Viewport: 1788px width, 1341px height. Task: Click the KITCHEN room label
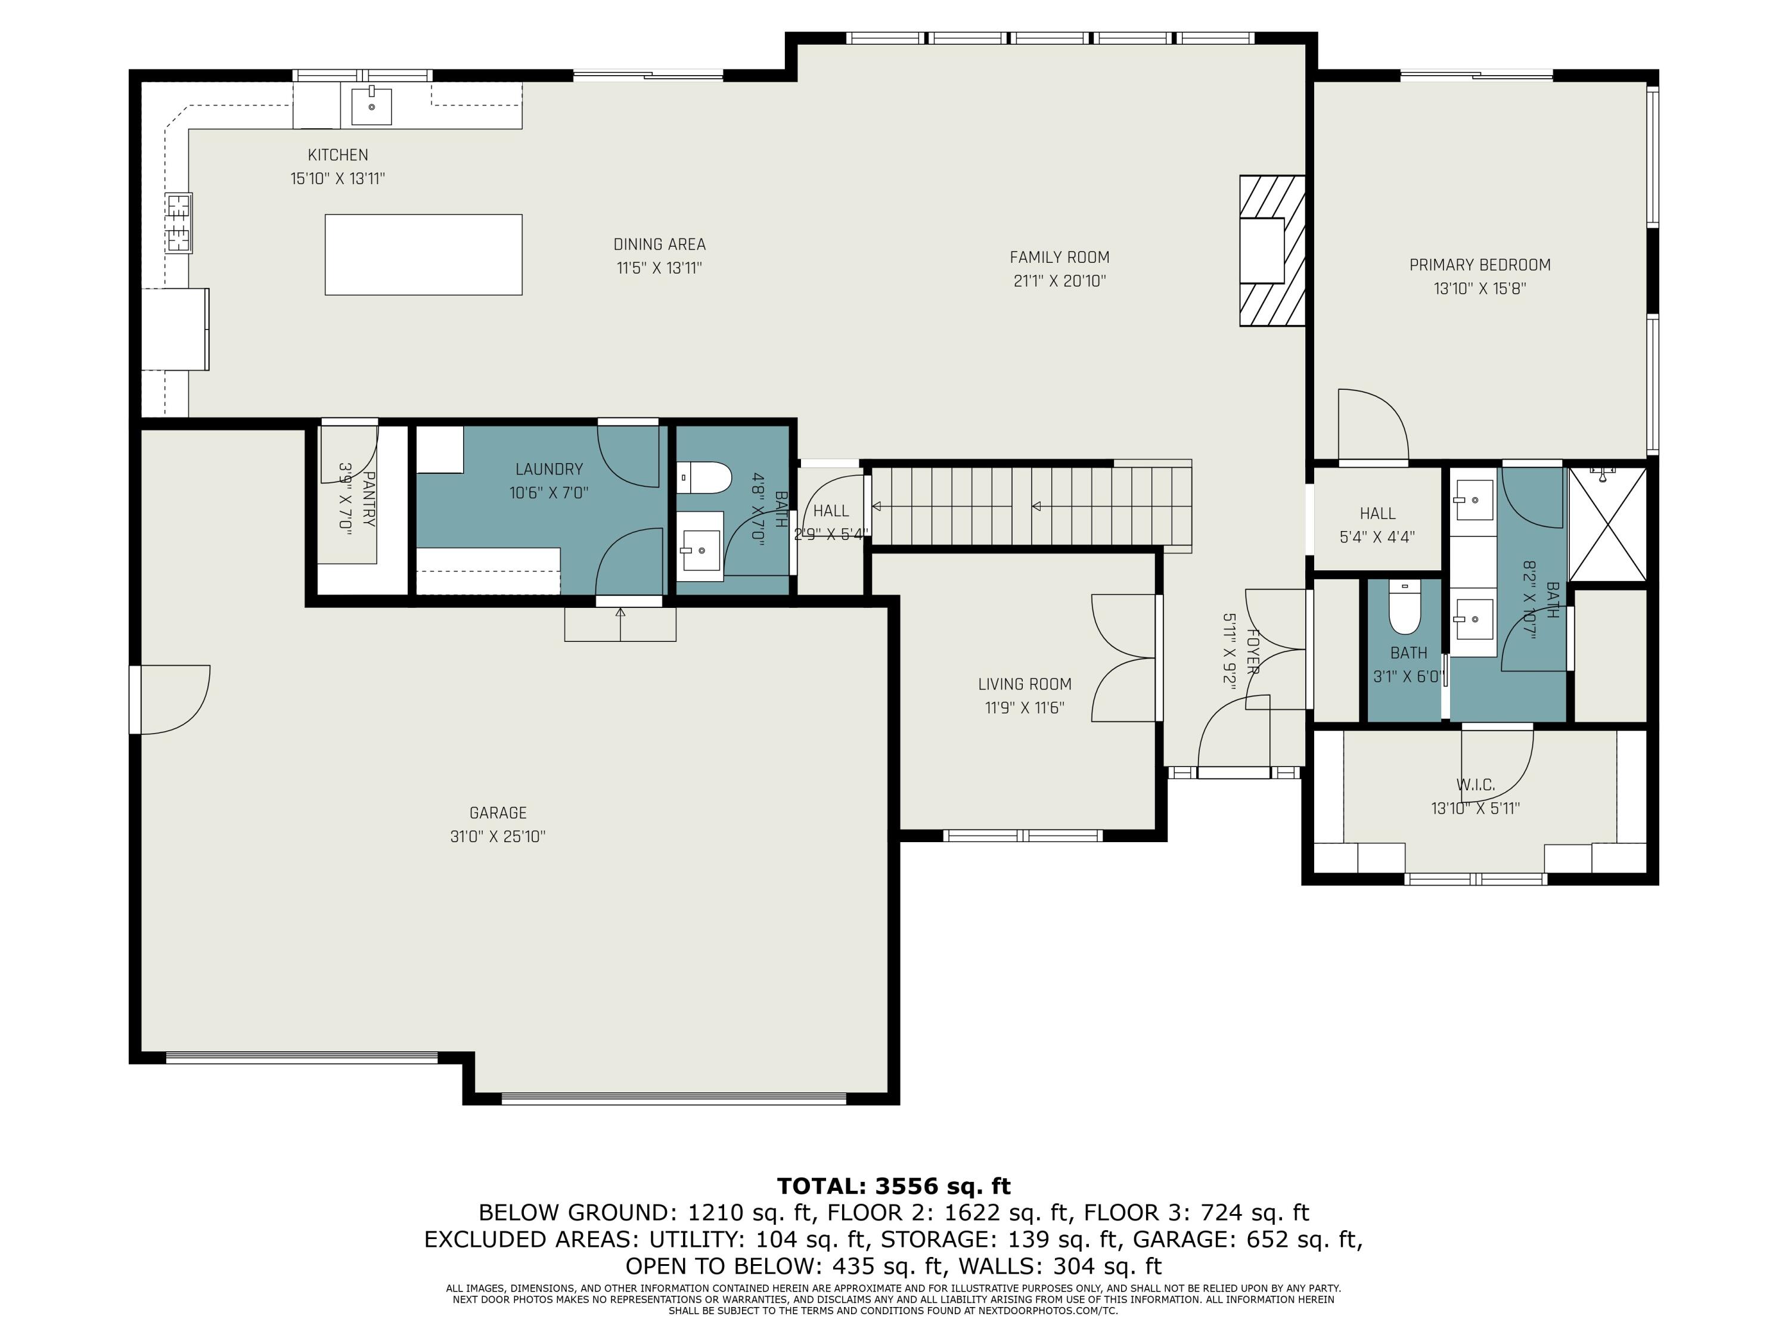coord(337,154)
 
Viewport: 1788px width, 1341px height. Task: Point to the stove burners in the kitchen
coord(179,223)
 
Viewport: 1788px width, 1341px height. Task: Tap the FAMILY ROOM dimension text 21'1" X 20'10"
coord(1059,281)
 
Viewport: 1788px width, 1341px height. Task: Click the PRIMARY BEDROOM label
coord(1479,264)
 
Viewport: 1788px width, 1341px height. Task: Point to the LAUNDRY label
coord(549,469)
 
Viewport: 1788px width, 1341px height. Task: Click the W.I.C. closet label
coord(1475,784)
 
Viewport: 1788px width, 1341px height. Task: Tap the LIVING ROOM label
coord(1024,684)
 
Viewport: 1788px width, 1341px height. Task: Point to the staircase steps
coord(1026,507)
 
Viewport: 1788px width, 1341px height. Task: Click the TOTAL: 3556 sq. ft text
coord(893,1186)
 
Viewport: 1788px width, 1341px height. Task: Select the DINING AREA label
coord(659,244)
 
